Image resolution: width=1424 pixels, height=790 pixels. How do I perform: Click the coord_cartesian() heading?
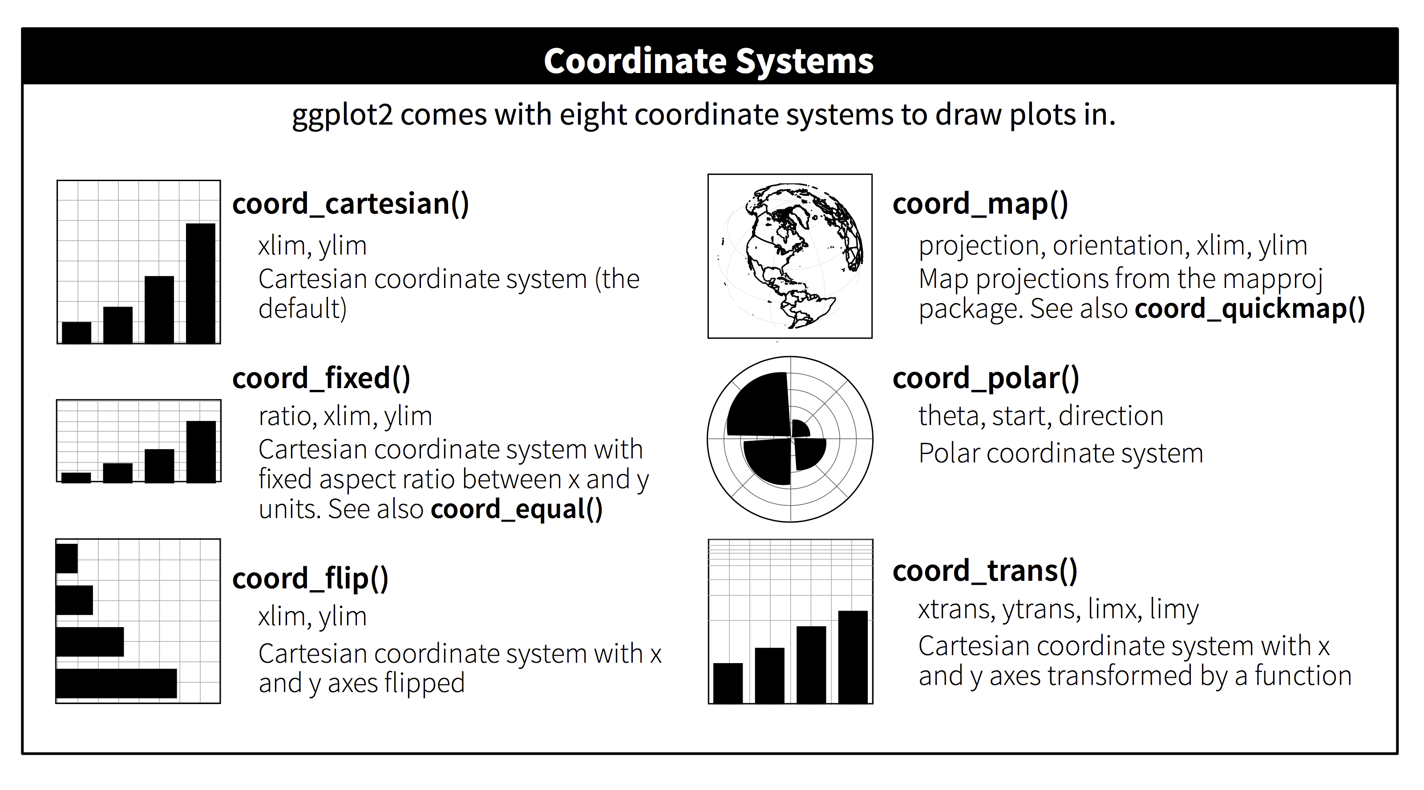(x=351, y=204)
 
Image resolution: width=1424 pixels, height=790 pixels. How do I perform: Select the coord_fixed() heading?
(x=321, y=379)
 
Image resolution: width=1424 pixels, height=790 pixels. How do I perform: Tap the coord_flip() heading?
(x=310, y=579)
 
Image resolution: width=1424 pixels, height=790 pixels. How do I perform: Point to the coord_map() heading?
(x=980, y=204)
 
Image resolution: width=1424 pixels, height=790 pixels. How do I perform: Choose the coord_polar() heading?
(x=986, y=379)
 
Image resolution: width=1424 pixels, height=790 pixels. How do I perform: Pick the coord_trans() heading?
(x=985, y=571)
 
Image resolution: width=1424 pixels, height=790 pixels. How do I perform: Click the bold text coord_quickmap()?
(x=1250, y=308)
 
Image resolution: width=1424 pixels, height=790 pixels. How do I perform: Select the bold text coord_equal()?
(x=516, y=509)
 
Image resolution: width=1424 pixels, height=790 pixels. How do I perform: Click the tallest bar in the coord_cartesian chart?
(x=201, y=283)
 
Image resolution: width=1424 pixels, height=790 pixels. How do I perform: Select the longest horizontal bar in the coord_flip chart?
(x=117, y=683)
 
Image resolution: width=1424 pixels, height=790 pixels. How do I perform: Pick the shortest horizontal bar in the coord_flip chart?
(x=67, y=559)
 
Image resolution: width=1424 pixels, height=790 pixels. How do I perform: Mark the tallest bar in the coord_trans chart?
(x=853, y=657)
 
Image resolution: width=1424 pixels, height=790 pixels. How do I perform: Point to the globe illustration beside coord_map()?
(x=790, y=256)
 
